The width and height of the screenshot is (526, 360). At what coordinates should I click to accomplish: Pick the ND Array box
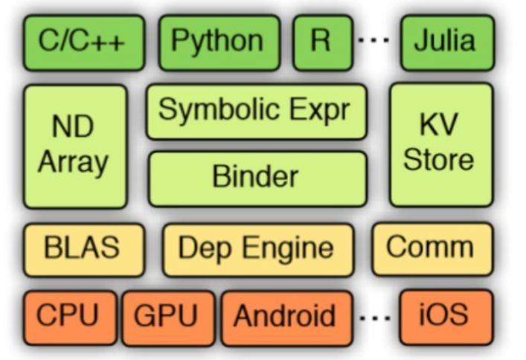(x=75, y=146)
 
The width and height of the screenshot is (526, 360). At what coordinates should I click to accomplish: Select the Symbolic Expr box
(x=257, y=112)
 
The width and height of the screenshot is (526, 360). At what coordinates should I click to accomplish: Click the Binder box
(x=257, y=178)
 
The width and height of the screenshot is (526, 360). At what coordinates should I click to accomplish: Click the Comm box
(x=432, y=248)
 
